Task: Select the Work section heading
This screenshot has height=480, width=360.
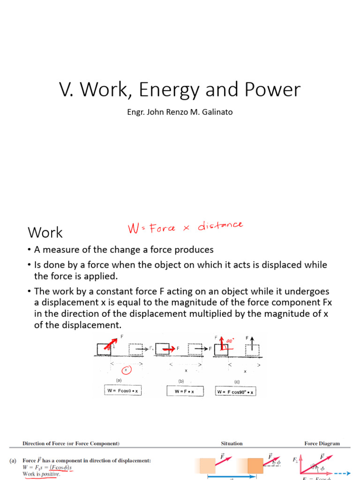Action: [45, 232]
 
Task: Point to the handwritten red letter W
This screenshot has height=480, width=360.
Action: [135, 229]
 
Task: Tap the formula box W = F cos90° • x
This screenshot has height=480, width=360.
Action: [236, 391]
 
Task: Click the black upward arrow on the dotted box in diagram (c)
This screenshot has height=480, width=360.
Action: [251, 340]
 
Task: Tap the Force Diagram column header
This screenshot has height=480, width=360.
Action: [322, 443]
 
